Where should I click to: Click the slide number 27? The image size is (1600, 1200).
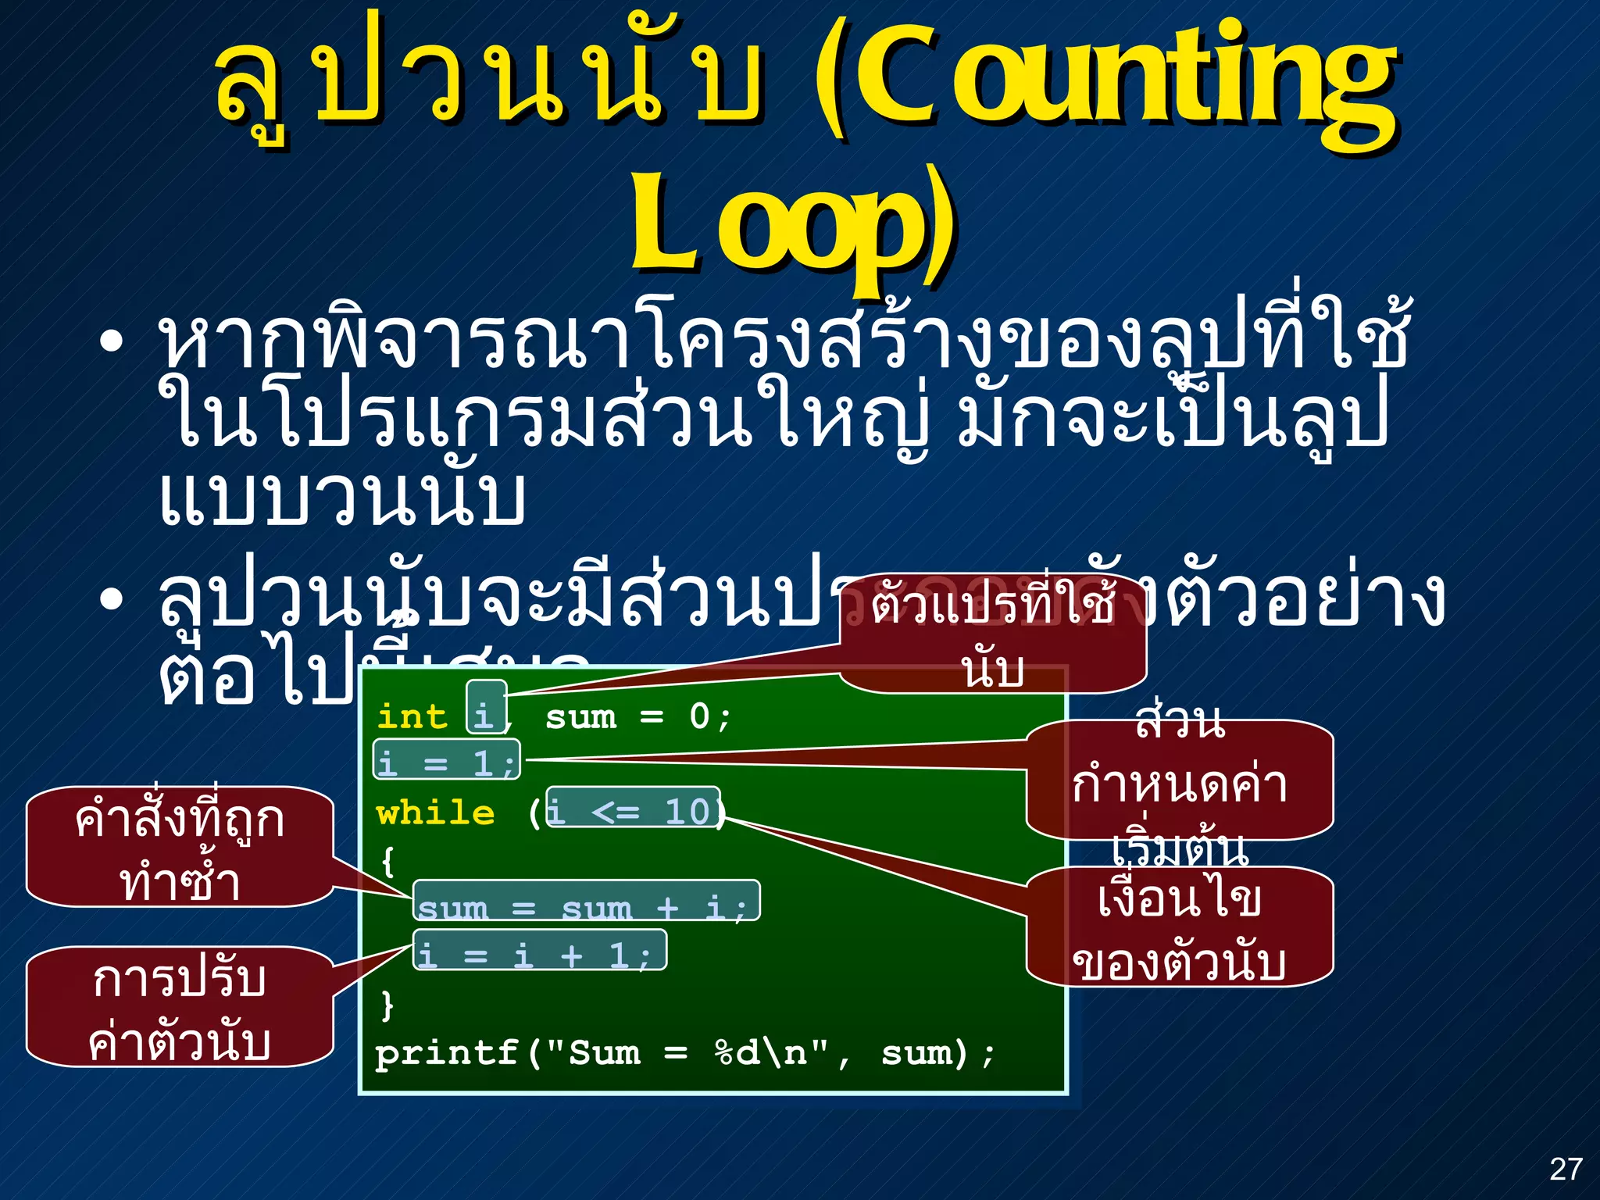tap(1566, 1170)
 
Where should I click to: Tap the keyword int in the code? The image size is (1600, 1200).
tap(411, 716)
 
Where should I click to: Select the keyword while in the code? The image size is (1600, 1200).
tap(435, 813)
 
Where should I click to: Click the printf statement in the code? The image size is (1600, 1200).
tap(684, 1052)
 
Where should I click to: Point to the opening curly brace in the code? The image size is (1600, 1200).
tap(387, 861)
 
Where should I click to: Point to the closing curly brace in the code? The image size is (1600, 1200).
tap(387, 1005)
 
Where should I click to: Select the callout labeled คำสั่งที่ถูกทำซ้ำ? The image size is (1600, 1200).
tap(180, 848)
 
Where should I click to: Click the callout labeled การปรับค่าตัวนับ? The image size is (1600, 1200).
tap(180, 1008)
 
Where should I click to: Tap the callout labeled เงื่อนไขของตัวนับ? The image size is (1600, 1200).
tap(1179, 928)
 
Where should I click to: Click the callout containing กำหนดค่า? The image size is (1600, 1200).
tap(1179, 781)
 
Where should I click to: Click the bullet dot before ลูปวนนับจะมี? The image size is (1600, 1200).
tap(112, 599)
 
